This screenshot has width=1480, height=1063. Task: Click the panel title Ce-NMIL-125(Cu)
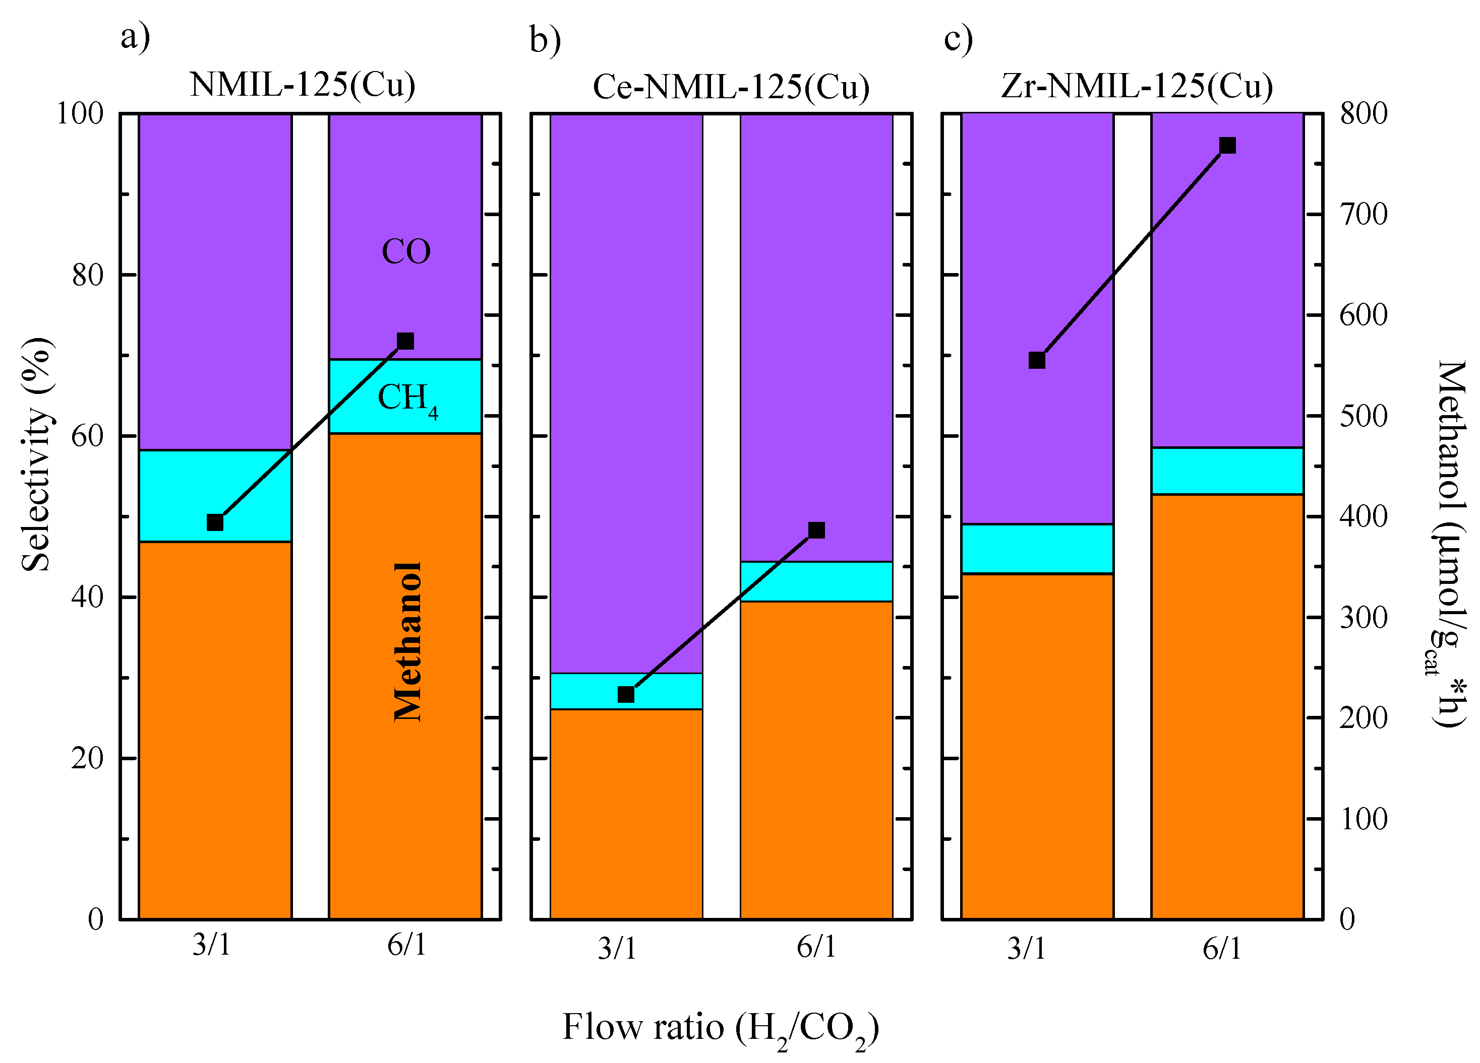(x=731, y=87)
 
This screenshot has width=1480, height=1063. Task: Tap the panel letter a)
(x=135, y=37)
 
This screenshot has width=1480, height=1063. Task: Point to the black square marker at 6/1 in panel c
(x=1227, y=146)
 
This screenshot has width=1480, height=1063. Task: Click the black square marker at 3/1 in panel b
(x=626, y=695)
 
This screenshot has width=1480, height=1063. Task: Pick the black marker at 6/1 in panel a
(x=405, y=341)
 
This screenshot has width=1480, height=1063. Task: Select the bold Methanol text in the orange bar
(x=408, y=642)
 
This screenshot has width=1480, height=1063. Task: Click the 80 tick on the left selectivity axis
(x=87, y=275)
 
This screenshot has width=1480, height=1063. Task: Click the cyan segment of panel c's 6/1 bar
(x=1227, y=471)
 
